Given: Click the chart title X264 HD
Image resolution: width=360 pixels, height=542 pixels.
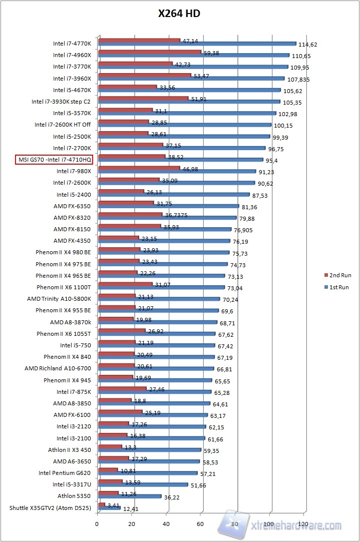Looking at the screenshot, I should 179,14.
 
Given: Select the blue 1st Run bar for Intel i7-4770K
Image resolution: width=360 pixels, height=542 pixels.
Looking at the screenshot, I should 197,44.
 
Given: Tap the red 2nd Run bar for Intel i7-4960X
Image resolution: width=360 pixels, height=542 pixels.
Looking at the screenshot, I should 150,51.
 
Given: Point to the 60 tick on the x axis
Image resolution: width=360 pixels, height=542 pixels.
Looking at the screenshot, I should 200,524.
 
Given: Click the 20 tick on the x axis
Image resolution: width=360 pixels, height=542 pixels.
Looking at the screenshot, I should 132,524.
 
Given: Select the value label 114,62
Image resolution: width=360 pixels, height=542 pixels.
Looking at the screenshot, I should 308,45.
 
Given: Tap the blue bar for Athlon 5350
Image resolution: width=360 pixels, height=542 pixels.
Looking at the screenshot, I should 130,496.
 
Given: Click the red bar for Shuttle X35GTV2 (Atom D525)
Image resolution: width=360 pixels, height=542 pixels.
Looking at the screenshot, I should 102,504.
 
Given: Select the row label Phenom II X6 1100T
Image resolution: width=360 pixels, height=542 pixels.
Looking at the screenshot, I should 64,287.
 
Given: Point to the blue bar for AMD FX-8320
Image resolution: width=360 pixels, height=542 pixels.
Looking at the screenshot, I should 167,218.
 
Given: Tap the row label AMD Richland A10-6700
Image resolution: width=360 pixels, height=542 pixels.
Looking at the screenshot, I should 58,368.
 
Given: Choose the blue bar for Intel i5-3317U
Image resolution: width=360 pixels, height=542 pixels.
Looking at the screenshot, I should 143,485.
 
